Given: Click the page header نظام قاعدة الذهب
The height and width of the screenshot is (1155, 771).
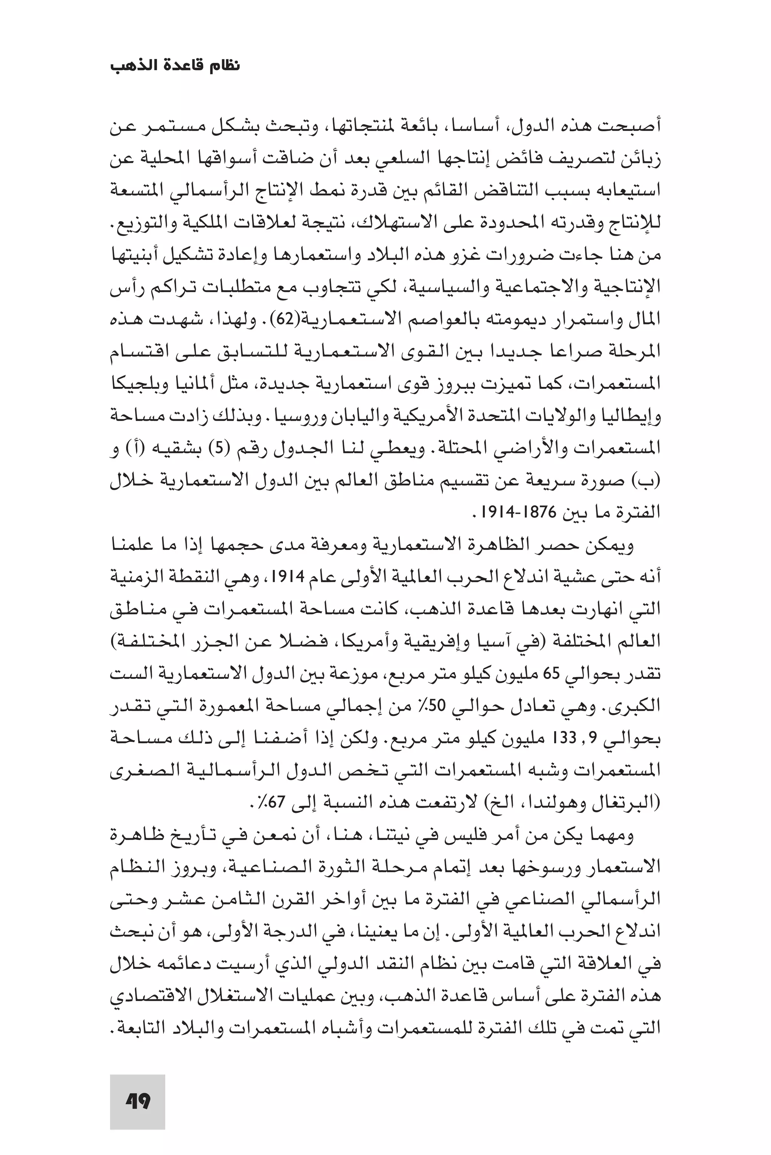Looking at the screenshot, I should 175,66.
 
